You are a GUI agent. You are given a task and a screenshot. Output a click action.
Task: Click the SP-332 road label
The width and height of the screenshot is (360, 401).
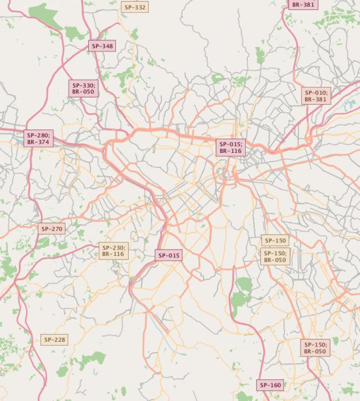pos(135,7)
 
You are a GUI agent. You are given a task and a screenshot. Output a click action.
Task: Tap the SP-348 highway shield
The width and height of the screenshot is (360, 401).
pos(102,46)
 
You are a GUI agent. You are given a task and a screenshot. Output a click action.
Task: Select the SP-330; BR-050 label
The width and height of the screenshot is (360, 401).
pos(83,89)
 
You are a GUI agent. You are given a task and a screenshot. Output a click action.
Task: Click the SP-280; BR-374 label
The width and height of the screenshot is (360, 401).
pos(39,138)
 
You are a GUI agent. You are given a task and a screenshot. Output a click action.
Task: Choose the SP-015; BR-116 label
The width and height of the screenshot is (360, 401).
pos(230,148)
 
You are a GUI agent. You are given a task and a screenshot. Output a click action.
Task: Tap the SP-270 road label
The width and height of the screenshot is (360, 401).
pos(52,229)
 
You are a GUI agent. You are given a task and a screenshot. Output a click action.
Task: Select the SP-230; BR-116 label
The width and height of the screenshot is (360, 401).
pos(113,251)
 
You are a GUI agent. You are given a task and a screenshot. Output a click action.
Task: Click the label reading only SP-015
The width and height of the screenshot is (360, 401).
pos(169,255)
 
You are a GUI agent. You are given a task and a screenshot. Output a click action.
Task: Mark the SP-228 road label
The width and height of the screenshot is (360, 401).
pos(54,339)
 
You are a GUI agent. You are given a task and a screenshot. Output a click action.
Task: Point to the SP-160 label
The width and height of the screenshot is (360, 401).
pos(270,385)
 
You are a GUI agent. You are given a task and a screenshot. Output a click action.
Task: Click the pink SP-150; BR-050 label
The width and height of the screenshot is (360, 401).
pos(315,348)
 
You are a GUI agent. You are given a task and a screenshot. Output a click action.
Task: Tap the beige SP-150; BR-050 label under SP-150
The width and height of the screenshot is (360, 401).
pos(275,256)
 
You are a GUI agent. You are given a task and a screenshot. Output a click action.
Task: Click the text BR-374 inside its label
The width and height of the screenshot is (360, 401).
pos(39,142)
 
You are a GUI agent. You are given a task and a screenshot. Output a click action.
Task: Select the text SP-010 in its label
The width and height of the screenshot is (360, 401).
pos(316,93)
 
